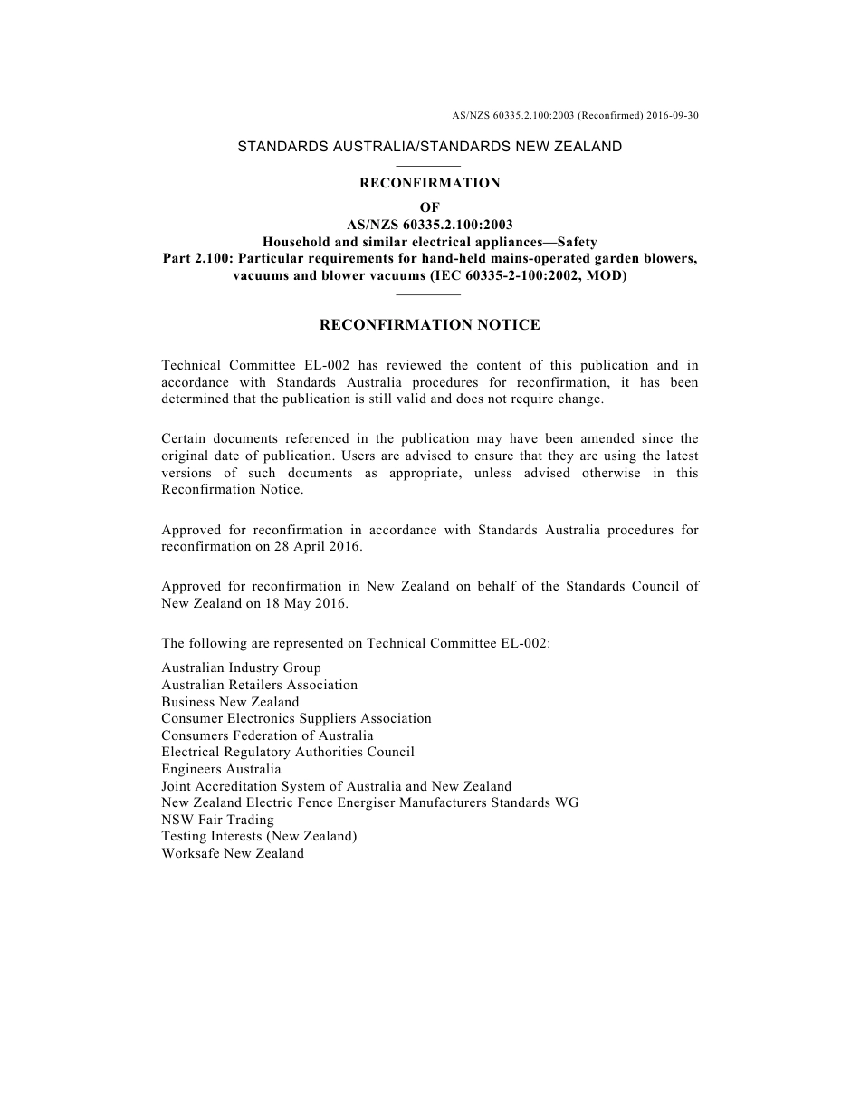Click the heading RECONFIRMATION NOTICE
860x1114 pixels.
coord(430,324)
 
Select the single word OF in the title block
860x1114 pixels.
coord(430,208)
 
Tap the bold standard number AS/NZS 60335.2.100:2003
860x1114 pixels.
coord(430,225)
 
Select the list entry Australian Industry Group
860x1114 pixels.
coord(241,667)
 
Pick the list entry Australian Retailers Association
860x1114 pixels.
coord(259,685)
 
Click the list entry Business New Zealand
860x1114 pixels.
coord(230,702)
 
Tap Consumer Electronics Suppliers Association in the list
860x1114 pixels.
coord(296,718)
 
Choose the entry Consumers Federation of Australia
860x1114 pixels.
coord(267,735)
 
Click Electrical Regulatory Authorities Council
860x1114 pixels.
coord(288,752)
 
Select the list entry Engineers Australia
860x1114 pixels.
coord(221,769)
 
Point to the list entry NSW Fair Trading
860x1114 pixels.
coord(217,820)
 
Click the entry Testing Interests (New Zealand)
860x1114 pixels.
coord(259,836)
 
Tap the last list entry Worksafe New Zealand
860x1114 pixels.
coord(233,853)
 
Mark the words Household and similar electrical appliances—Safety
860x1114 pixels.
coord(430,242)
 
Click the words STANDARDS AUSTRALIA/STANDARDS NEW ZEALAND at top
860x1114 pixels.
coord(430,146)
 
